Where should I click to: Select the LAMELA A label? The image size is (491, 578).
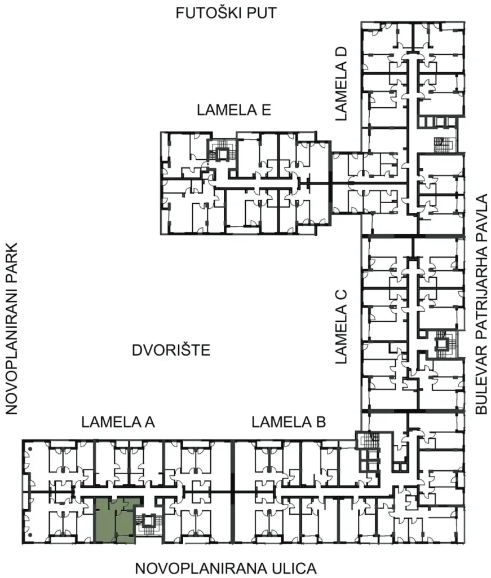[x=118, y=422]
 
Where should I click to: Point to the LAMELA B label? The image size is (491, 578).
[x=289, y=422]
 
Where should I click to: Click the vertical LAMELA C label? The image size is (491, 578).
[x=341, y=327]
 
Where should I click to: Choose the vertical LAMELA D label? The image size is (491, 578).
[x=341, y=84]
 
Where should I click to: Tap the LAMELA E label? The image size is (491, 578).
[x=234, y=110]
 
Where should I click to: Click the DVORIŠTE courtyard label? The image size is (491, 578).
[x=171, y=350]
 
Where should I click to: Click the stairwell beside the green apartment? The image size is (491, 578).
[x=149, y=525]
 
